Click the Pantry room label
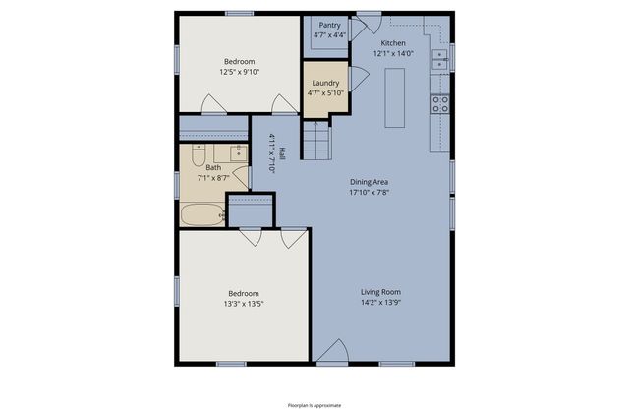330,25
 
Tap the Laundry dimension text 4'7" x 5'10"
326,93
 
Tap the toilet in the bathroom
198,156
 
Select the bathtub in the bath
202,214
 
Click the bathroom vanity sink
237,153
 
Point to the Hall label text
281,154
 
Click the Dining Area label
370,182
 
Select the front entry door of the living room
332,355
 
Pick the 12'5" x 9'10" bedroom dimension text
239,71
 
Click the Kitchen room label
394,43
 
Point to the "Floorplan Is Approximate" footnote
314,404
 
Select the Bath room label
213,168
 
